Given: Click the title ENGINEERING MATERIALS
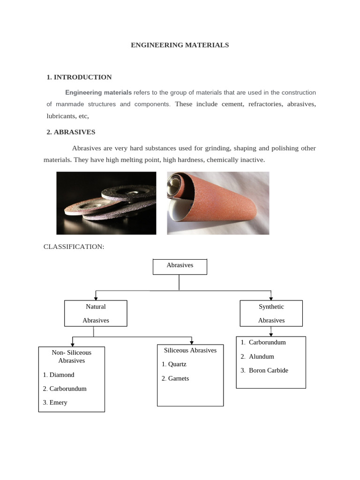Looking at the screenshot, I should click(x=180, y=45).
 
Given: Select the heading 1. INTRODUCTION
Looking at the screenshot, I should click(x=79, y=77).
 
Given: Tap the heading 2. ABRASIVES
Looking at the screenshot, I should click(x=71, y=132).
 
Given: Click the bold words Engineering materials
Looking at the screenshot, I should click(x=98, y=92).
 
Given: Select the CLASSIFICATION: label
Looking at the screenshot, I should click(x=73, y=247).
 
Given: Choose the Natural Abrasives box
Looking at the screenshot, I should click(x=96, y=313).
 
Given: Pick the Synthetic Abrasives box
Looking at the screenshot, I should click(x=271, y=313).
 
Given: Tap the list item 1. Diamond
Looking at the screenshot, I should click(x=59, y=375).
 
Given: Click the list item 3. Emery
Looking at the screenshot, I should click(x=55, y=402).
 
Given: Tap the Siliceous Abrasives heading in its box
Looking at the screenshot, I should click(x=190, y=350).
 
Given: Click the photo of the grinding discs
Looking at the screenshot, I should click(x=106, y=202).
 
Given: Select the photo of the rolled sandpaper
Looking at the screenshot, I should click(x=218, y=202).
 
